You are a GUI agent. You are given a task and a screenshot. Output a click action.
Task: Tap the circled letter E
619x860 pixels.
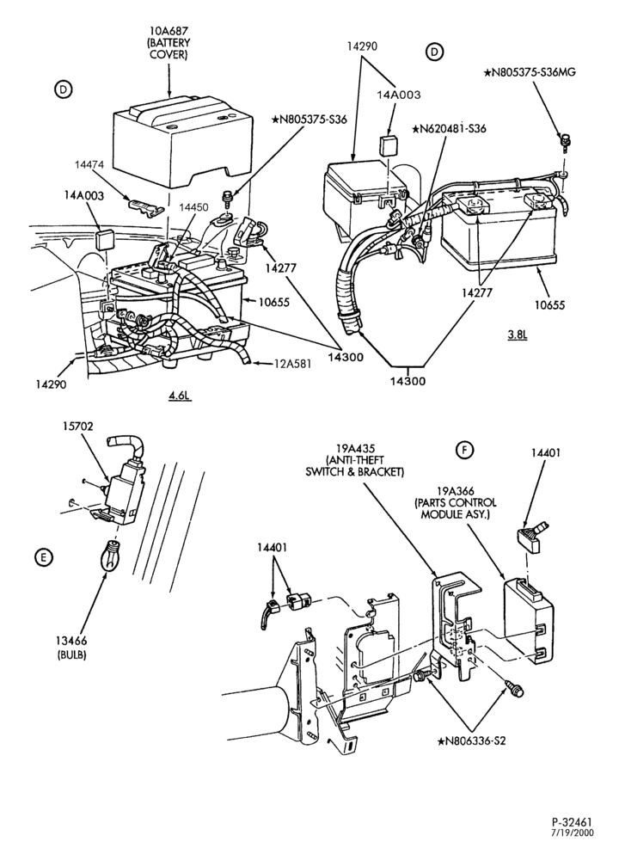pyautogui.click(x=42, y=558)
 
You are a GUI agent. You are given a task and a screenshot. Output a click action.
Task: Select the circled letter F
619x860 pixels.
pyautogui.click(x=464, y=451)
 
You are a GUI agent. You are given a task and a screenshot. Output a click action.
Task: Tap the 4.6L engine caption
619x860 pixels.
pyautogui.click(x=180, y=395)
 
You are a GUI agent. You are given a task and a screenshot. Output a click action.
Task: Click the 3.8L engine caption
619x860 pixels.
pyautogui.click(x=517, y=334)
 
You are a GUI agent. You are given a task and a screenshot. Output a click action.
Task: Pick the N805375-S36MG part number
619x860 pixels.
pyautogui.click(x=530, y=72)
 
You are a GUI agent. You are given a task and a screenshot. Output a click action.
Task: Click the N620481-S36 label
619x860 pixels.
pyautogui.click(x=450, y=129)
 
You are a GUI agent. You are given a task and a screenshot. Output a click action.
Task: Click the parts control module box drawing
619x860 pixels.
pyautogui.click(x=529, y=620)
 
